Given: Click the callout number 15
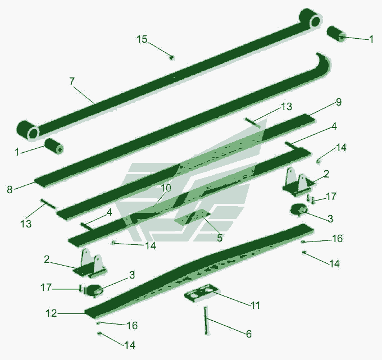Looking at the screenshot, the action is click(x=142, y=39).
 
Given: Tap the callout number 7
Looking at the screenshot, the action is click(x=72, y=81).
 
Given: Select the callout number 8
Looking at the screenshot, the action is click(x=10, y=189).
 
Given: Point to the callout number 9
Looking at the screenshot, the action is click(x=339, y=102).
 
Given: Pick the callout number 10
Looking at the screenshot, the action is click(x=166, y=188).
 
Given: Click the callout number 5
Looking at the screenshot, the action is click(x=220, y=238).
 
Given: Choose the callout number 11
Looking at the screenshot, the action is click(x=255, y=305).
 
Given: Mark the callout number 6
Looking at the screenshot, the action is click(x=248, y=334).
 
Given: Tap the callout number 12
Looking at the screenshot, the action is click(x=52, y=313).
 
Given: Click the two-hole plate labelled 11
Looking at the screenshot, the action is click(x=202, y=292).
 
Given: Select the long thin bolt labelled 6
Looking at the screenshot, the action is click(x=206, y=321).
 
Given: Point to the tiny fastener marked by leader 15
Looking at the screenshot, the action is click(x=172, y=57).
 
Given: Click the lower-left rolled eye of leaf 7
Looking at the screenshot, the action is click(x=28, y=130).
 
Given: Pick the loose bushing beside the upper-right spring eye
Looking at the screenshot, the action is click(x=336, y=34).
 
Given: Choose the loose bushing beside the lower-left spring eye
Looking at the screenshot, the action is click(x=54, y=146).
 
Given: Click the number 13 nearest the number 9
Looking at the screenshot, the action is click(x=286, y=107).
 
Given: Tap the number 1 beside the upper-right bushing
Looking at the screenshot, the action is click(x=371, y=39).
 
